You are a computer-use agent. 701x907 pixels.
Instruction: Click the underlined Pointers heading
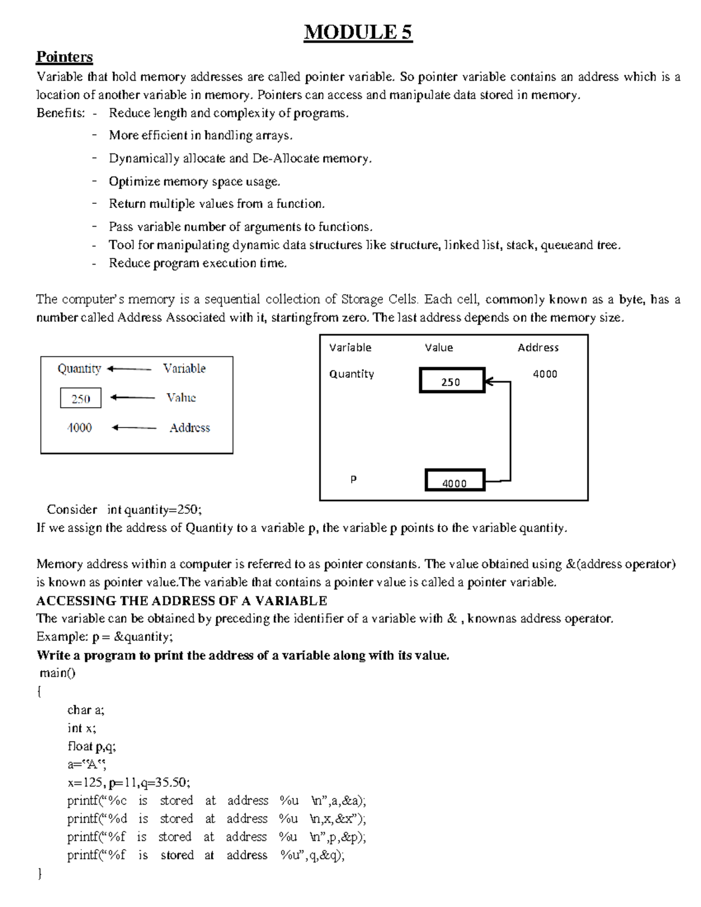(64, 57)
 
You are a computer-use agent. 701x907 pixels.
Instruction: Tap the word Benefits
(60, 113)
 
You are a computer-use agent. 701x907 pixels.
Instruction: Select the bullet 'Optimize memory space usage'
(194, 182)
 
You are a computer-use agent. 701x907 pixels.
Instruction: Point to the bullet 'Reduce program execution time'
(197, 263)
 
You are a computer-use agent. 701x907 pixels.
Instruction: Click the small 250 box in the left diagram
(81, 398)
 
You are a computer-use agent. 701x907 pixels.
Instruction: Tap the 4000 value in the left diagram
(79, 428)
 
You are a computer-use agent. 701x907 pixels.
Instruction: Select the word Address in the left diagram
(189, 428)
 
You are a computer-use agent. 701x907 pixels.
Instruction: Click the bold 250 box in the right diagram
(452, 381)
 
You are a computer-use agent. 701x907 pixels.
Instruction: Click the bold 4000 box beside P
(454, 481)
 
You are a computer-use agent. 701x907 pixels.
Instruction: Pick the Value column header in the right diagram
(439, 347)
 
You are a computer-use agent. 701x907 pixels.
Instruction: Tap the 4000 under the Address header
(544, 374)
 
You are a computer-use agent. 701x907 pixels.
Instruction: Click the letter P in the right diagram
(353, 479)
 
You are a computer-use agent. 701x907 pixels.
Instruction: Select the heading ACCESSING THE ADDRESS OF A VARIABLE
(181, 600)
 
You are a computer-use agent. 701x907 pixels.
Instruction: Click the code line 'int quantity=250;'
(154, 509)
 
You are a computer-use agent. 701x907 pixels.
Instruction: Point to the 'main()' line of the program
(57, 673)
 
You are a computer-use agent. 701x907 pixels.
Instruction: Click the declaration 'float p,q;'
(92, 746)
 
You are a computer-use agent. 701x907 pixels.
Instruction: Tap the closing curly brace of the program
(39, 874)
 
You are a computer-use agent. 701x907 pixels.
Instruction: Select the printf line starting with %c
(216, 801)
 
